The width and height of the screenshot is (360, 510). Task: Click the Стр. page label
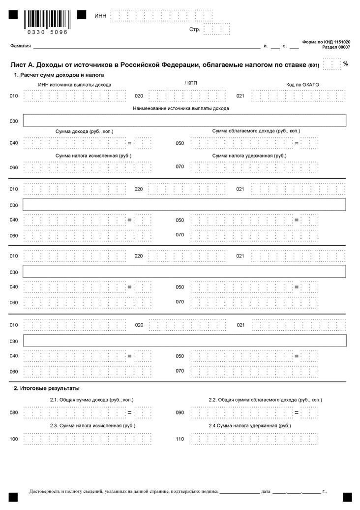tap(194, 30)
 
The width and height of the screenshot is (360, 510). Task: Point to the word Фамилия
tap(20, 46)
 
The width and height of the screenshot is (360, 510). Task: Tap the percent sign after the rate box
tap(345, 64)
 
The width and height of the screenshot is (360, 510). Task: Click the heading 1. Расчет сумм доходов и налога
tap(59, 75)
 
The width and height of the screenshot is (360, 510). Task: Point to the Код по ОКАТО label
tap(302, 85)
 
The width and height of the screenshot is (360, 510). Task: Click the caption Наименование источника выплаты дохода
tap(180, 108)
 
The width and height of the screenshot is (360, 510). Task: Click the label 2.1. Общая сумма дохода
tap(91, 400)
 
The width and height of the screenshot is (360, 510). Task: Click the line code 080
tap(14, 413)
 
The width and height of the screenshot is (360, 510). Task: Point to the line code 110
tap(180, 438)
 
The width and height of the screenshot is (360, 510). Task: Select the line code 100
tap(14, 438)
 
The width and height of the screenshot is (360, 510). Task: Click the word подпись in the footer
tap(209, 491)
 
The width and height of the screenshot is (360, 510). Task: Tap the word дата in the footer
tap(266, 491)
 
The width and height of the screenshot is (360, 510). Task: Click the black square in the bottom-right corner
tap(347, 497)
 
